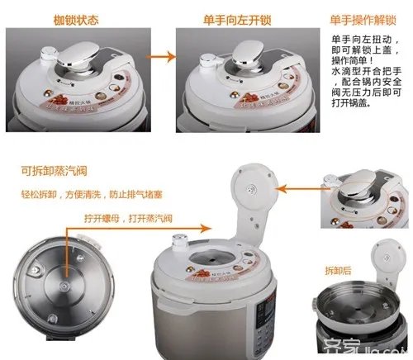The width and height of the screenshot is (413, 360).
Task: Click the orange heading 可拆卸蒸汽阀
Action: pyautogui.click(x=53, y=172)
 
